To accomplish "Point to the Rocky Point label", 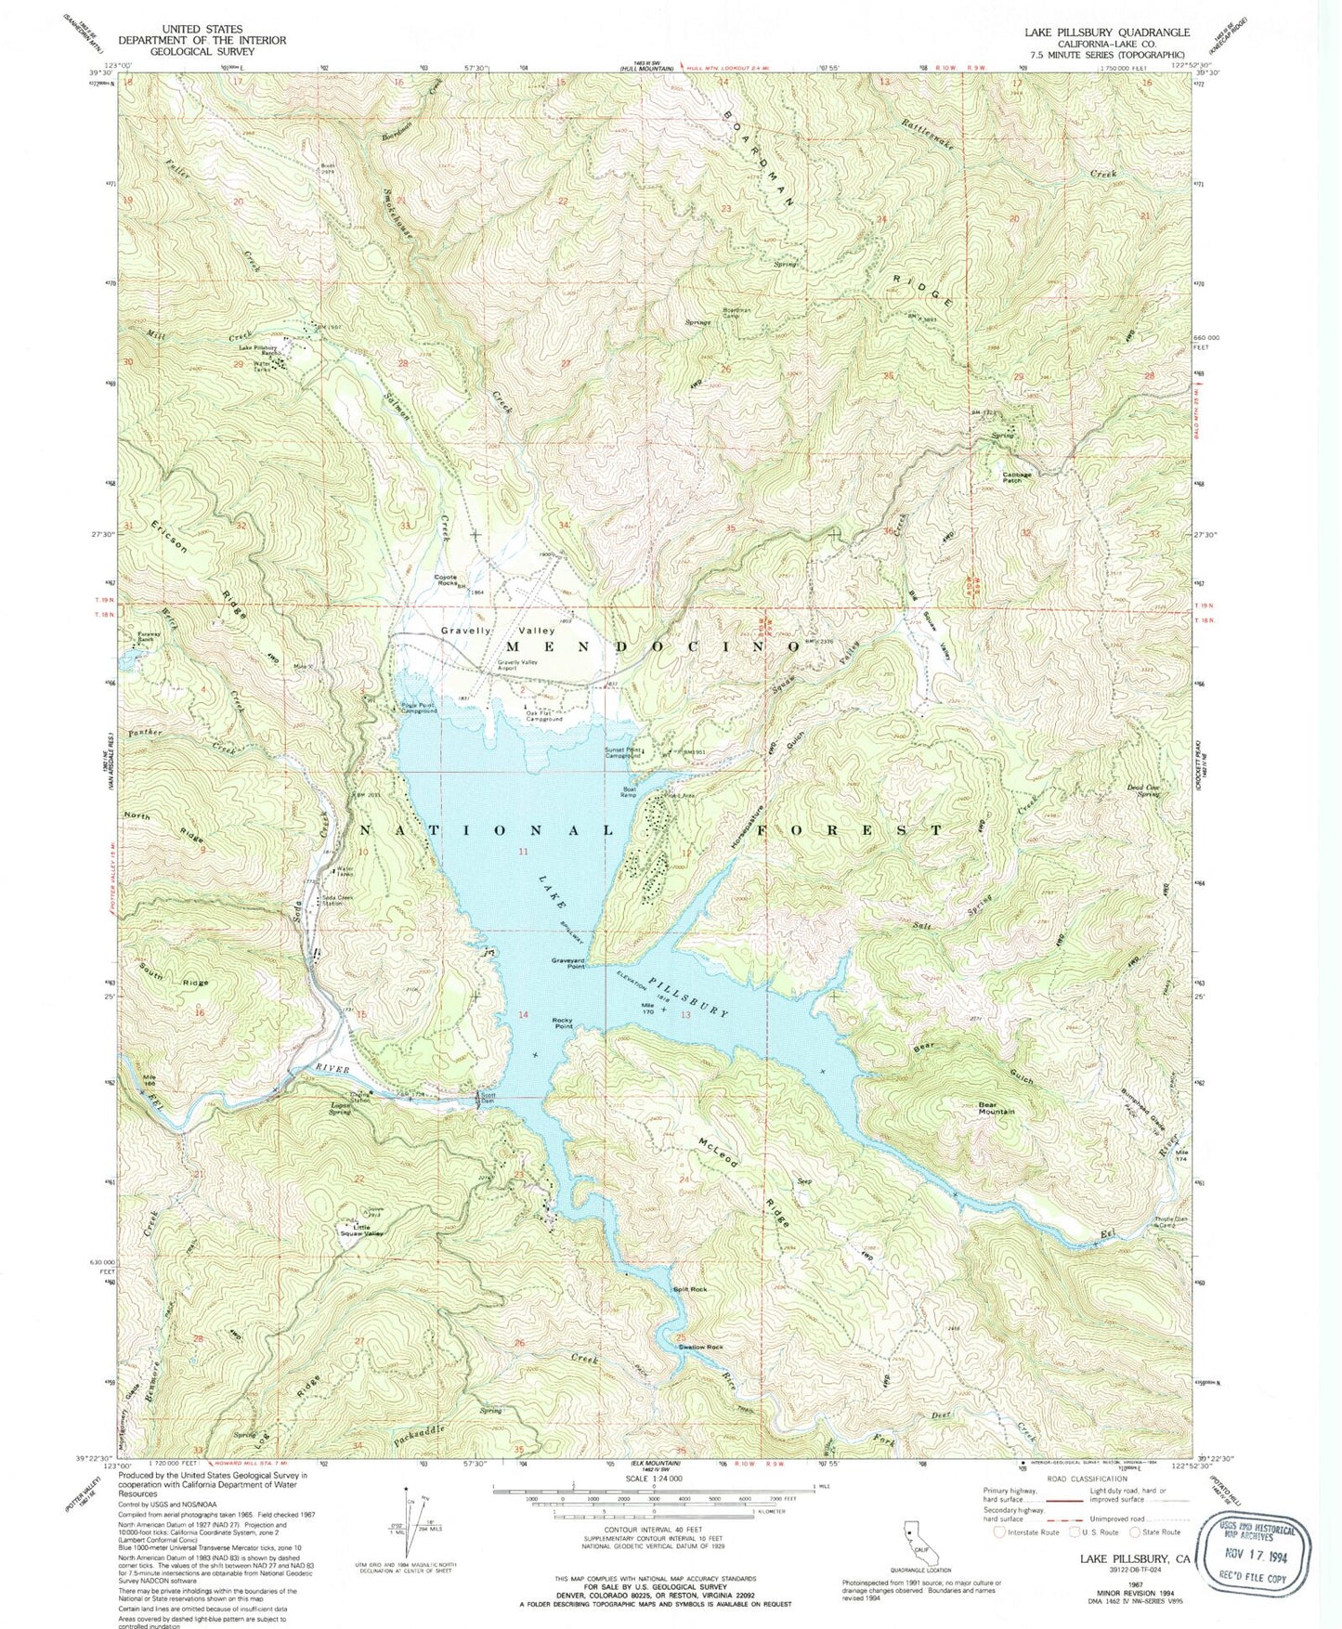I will pyautogui.click(x=563, y=1023).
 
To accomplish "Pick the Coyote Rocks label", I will pyautogui.click(x=451, y=580).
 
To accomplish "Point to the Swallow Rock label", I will pyautogui.click(x=700, y=1347).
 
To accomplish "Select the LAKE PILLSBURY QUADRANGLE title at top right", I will pyautogui.click(x=1107, y=32).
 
